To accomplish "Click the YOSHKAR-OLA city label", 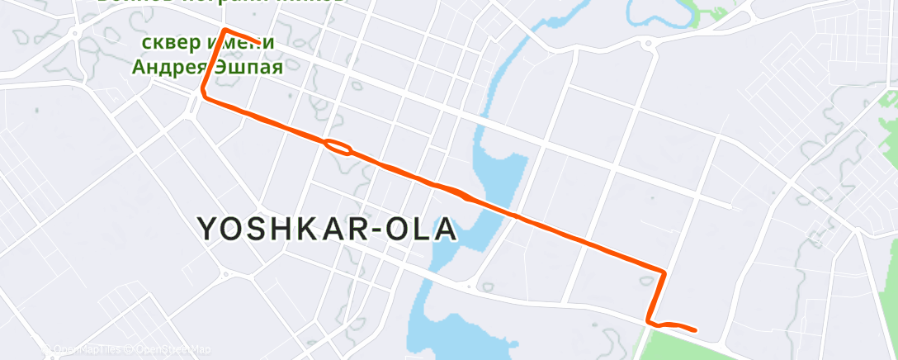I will point(327,229).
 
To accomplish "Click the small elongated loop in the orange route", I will point(338,147).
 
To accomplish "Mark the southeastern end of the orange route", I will point(696,330).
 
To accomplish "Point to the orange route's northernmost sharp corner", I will point(224,31).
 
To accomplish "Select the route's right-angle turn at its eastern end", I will point(664,271).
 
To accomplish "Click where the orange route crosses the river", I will point(512,216).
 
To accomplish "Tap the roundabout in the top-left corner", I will point(75,34).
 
